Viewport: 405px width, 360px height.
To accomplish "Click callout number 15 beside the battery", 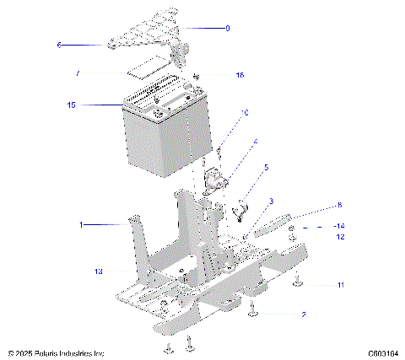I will [71, 105].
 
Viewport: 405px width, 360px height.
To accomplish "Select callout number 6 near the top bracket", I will [60, 45].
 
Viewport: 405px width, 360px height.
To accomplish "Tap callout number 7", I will [78, 74].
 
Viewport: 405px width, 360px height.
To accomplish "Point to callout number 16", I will [240, 75].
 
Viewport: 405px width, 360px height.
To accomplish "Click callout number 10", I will [245, 112].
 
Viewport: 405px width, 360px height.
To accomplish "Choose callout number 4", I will [256, 142].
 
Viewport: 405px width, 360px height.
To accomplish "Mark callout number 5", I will [267, 168].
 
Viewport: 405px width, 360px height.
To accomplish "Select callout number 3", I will [271, 201].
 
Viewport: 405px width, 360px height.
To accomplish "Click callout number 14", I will [341, 227].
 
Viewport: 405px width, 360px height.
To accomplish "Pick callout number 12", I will [341, 237].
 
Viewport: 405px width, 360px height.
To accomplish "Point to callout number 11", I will [340, 285].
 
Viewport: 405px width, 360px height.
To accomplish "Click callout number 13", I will [99, 271].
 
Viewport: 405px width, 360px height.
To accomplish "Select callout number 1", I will [82, 225].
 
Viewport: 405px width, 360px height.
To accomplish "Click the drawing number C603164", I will [382, 353].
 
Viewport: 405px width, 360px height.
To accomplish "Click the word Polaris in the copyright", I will [50, 353].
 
